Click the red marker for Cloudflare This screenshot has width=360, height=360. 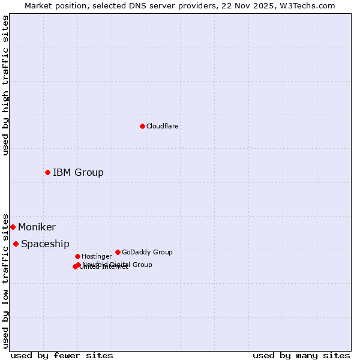pos(142,126)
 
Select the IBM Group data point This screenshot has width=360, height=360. pos(47,172)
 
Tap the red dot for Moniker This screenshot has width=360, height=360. pos(13,227)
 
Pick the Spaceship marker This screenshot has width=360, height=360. pos(16,244)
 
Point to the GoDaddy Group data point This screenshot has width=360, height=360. pos(118,252)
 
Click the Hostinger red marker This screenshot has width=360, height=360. pos(77,256)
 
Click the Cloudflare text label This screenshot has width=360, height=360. pos(162,126)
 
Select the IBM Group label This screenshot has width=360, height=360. pos(78,173)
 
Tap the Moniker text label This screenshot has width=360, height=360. pos(37,227)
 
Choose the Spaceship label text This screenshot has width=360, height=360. pos(45,244)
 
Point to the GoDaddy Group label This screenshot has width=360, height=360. pos(147,252)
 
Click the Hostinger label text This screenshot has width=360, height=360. pos(97,256)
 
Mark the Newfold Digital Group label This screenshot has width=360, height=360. pos(118,265)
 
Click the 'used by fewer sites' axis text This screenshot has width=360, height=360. pos(62,355)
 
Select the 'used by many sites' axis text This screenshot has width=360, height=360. pos(301,355)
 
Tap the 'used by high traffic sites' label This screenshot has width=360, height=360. pos(6,85)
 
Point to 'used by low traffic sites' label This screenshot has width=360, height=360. pos(6,281)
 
